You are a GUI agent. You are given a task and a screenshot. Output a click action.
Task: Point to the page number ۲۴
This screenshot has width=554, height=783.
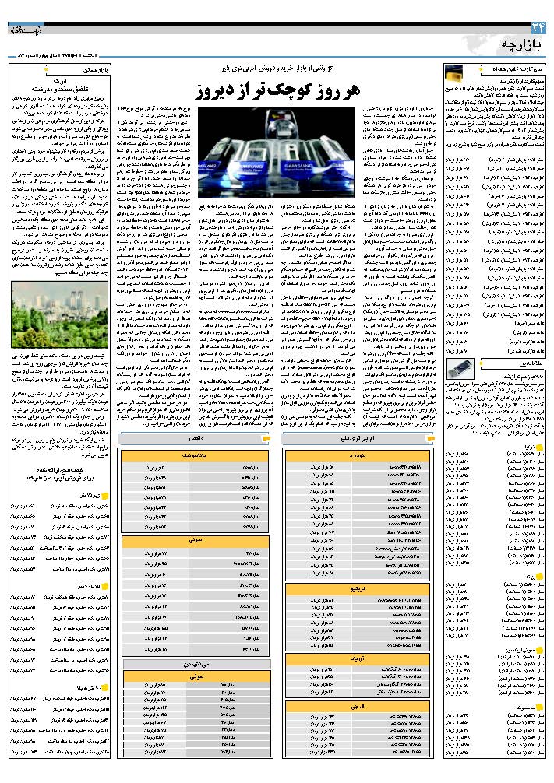pyautogui.click(x=538, y=28)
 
